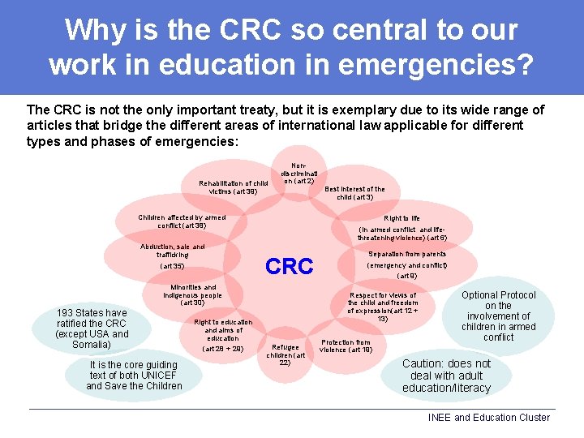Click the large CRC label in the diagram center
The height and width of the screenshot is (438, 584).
click(289, 267)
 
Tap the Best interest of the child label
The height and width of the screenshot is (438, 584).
click(354, 193)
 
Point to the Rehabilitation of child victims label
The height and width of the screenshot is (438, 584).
click(233, 187)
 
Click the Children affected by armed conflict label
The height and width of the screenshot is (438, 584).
click(182, 221)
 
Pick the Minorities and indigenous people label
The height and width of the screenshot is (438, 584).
click(192, 294)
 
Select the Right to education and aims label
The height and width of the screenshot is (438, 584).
click(223, 334)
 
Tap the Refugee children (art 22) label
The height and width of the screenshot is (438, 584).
click(286, 354)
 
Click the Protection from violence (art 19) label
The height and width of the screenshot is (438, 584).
click(346, 346)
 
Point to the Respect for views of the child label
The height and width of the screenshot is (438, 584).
click(382, 307)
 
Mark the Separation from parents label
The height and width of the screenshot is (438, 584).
click(407, 264)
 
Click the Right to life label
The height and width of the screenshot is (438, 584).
click(402, 228)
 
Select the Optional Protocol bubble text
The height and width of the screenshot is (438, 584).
click(498, 316)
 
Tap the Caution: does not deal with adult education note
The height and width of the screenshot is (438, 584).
click(446, 376)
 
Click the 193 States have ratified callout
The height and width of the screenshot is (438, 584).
click(92, 328)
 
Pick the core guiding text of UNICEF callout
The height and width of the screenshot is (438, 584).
click(134, 376)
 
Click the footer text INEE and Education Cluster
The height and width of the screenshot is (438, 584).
click(488, 418)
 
